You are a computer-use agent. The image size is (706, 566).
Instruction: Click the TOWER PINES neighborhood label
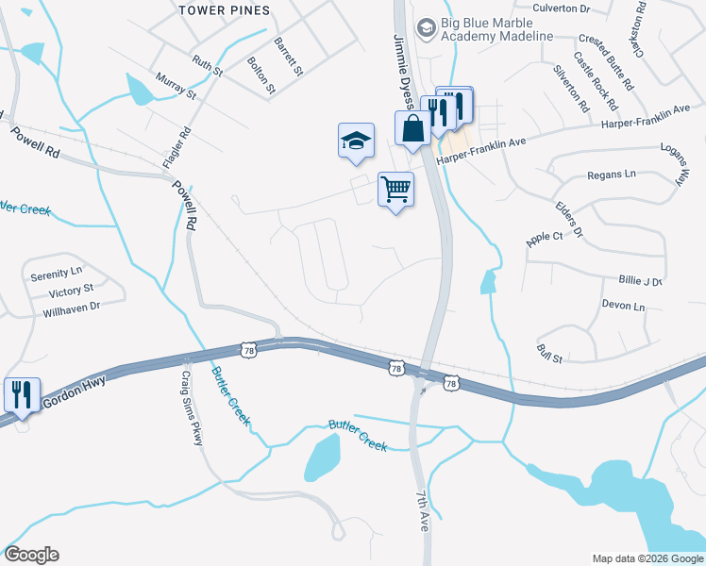click(x=225, y=10)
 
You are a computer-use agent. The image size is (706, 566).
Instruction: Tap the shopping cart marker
click(x=396, y=189)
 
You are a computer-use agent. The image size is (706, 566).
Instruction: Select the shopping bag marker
click(x=412, y=128)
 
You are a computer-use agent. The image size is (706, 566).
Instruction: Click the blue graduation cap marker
click(x=356, y=141)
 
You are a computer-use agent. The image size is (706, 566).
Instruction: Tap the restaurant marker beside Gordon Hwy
click(x=22, y=394)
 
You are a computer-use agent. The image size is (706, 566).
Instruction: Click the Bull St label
click(x=549, y=353)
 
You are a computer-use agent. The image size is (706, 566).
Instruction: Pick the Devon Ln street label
click(x=623, y=307)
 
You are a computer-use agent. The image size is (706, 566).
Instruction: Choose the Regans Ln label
click(x=612, y=175)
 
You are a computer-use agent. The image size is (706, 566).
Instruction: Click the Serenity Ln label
click(x=56, y=274)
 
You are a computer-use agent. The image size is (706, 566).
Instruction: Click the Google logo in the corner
click(x=31, y=555)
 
